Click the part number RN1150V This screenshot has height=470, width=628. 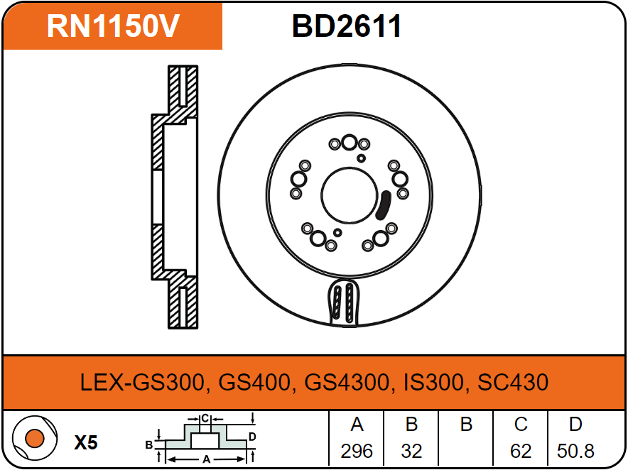113,26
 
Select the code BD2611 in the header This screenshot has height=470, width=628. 347,26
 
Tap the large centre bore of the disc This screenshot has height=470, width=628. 350,195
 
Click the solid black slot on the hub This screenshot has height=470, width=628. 384,205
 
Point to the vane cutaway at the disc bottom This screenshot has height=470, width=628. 344,302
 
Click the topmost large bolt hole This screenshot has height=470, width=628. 350,142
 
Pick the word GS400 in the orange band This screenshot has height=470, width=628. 254,382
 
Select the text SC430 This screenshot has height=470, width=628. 513,382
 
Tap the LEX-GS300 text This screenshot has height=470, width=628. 143,382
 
